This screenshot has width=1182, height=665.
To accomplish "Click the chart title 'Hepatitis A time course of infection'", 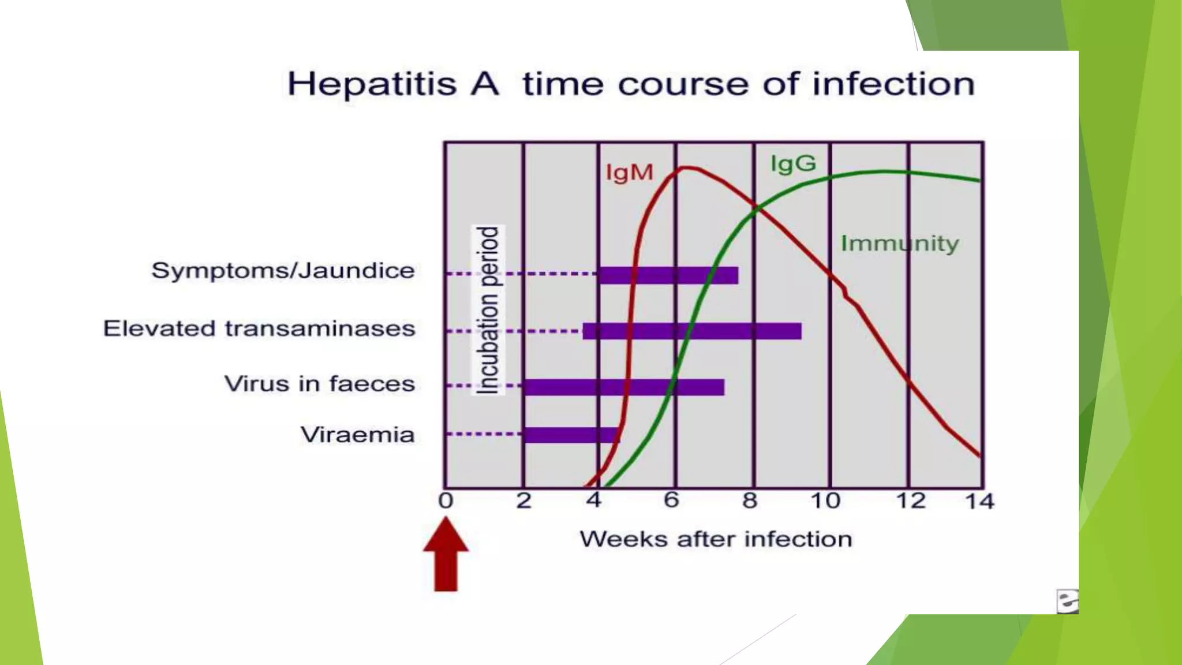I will click(631, 84).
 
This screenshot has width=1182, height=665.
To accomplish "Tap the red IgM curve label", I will click(629, 173).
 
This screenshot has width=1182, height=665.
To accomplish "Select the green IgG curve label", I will click(794, 164).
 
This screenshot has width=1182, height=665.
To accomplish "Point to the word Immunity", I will click(899, 244).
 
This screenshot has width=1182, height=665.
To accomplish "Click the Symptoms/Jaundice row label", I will click(283, 271).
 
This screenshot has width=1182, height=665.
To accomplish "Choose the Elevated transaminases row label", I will click(259, 328).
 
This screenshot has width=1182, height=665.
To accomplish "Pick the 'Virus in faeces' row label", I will click(319, 384).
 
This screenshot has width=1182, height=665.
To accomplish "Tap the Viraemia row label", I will click(357, 435).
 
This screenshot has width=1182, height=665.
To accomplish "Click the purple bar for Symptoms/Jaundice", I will click(668, 275).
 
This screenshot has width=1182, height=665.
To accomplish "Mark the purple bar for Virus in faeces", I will click(624, 387).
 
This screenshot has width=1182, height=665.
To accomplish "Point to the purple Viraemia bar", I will click(571, 435).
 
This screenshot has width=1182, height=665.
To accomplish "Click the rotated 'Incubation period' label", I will click(488, 310).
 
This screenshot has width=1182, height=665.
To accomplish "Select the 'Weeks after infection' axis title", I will click(716, 539).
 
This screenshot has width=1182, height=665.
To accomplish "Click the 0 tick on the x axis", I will click(446, 500).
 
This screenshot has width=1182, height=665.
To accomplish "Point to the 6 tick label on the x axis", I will click(671, 500).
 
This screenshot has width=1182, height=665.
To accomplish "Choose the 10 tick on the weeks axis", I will click(825, 500).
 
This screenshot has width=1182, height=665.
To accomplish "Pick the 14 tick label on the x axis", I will click(979, 501).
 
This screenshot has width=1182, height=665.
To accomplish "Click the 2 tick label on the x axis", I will click(523, 500).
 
